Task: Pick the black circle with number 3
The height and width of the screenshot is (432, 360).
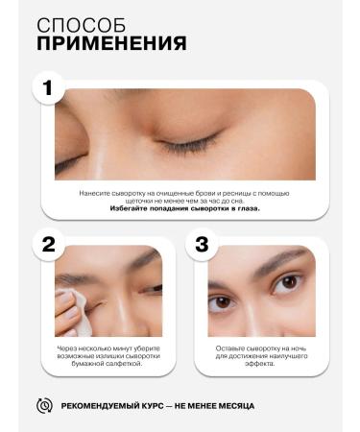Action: coord(201,243)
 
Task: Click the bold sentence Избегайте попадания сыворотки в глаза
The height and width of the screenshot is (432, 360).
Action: coord(184,206)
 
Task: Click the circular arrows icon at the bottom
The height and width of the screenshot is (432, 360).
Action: coord(43,406)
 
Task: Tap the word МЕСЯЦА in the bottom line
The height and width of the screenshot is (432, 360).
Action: coord(234,406)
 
